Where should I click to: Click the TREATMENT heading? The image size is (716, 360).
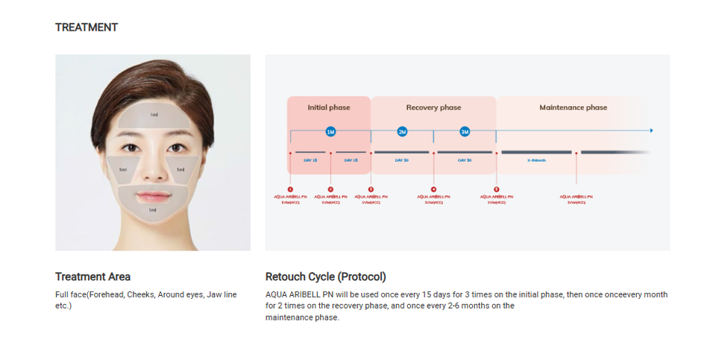pyautogui.click(x=87, y=28)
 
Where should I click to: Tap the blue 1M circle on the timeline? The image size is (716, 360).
pyautogui.click(x=330, y=132)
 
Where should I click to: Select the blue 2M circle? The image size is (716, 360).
pyautogui.click(x=402, y=132)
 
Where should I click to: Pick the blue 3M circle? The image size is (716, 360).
pyautogui.click(x=465, y=132)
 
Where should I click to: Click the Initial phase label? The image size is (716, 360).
pyautogui.click(x=329, y=108)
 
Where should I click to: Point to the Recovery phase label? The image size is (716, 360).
pyautogui.click(x=433, y=108)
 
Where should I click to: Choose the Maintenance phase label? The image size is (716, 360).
pyautogui.click(x=573, y=108)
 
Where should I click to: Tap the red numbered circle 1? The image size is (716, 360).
pyautogui.click(x=290, y=189)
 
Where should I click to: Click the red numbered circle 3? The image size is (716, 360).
pyautogui.click(x=371, y=189)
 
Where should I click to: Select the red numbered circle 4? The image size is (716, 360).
pyautogui.click(x=433, y=189)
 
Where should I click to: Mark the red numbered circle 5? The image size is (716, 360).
pyautogui.click(x=496, y=189)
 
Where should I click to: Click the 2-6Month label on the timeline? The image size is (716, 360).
pyautogui.click(x=536, y=160)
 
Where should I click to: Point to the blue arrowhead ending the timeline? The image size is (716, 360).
pyautogui.click(x=651, y=130)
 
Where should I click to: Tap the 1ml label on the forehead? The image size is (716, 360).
pyautogui.click(x=154, y=115)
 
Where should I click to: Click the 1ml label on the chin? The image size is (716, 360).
pyautogui.click(x=153, y=210)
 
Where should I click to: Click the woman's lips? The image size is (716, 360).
pyautogui.click(x=154, y=195)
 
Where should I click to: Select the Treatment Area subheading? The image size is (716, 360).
pyautogui.click(x=92, y=277)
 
